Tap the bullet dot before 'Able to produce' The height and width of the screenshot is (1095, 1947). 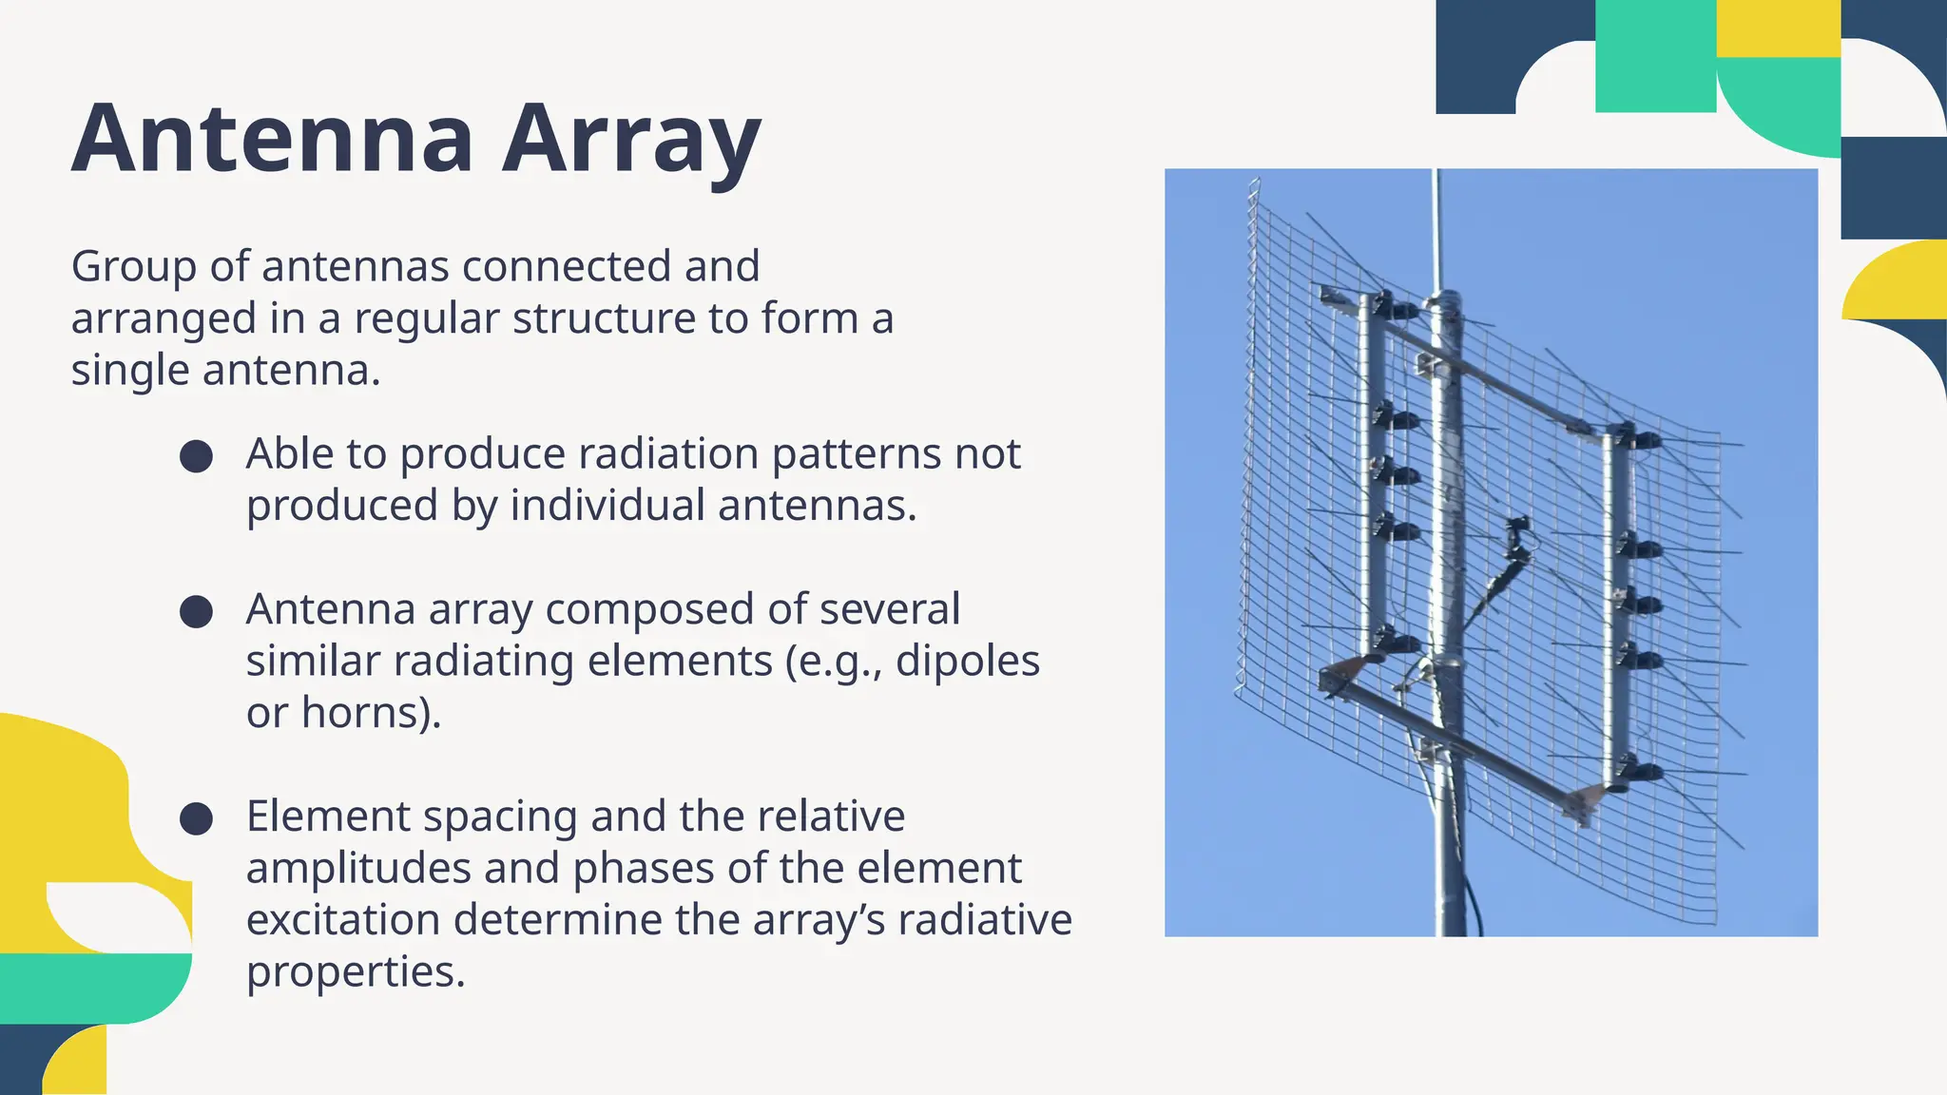pos(196,456)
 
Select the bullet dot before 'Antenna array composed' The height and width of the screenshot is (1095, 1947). pos(196,611)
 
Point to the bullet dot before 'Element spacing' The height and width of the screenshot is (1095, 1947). pos(196,818)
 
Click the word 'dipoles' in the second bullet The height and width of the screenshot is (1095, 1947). pos(968,661)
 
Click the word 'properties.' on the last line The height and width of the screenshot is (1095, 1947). pos(356,972)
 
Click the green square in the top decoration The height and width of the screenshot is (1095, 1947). pos(1655,56)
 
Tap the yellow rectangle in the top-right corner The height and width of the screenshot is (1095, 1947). pos(1778,29)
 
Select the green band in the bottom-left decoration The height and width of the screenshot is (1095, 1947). pos(95,987)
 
